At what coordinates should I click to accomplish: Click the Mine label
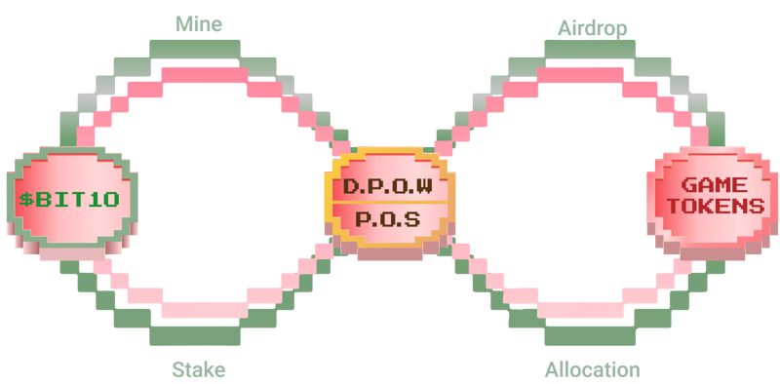(199, 23)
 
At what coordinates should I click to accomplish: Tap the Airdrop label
(592, 28)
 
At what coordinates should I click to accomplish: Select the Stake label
(199, 370)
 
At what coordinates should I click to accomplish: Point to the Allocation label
(592, 370)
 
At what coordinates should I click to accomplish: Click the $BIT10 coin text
(69, 200)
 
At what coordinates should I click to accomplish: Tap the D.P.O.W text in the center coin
(388, 186)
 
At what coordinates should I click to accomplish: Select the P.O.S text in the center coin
(388, 219)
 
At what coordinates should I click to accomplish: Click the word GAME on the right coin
(714, 185)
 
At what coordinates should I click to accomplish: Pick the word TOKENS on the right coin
(716, 206)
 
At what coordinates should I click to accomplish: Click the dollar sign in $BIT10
(25, 200)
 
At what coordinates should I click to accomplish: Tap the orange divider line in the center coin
(388, 203)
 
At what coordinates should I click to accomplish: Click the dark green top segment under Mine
(194, 49)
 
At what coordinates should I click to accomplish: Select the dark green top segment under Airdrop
(590, 49)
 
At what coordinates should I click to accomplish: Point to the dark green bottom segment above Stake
(194, 335)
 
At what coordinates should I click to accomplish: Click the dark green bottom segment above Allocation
(590, 335)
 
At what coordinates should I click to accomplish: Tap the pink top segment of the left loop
(205, 75)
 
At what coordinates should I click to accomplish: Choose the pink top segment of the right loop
(580, 75)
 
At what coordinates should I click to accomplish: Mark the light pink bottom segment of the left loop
(205, 310)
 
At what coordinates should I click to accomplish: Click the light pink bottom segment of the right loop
(580, 310)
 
